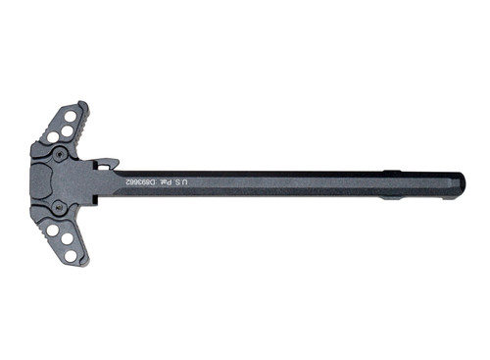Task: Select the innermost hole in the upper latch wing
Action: pyautogui.click(x=53, y=136)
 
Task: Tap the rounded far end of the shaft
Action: pyautogui.click(x=459, y=184)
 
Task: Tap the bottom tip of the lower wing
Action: pyautogui.click(x=84, y=263)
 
